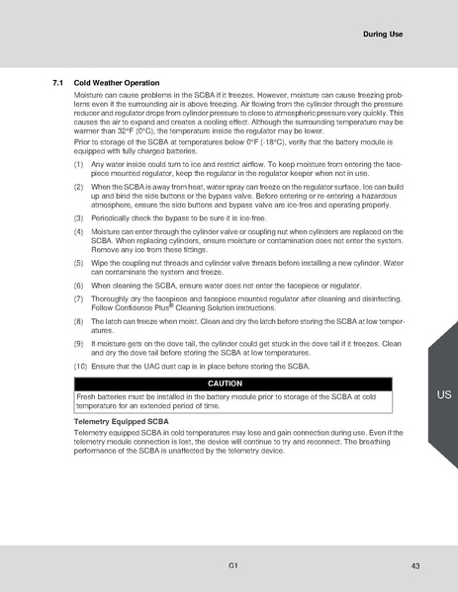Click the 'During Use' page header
click(382, 35)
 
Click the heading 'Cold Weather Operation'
click(120, 83)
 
